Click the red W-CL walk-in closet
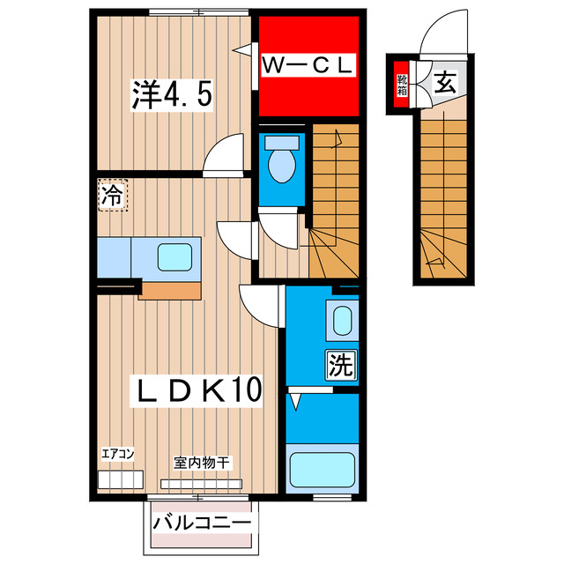pyautogui.click(x=308, y=66)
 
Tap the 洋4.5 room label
pyautogui.click(x=173, y=93)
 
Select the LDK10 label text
pyautogui.click(x=197, y=390)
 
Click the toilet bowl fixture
pyautogui.click(x=282, y=164)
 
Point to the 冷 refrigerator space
pyautogui.click(x=111, y=196)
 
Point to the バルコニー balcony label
pyautogui.click(x=202, y=523)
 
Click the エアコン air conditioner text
pyautogui.click(x=117, y=454)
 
